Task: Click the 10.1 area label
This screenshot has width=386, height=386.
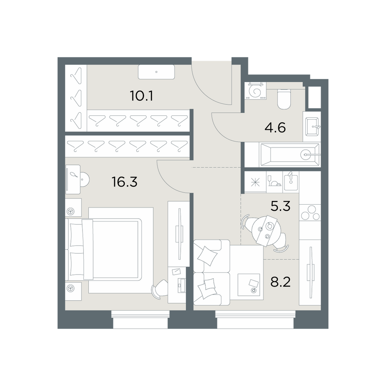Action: [142, 96]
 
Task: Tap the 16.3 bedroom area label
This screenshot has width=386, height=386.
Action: [124, 182]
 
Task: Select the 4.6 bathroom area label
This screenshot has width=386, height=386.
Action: [275, 128]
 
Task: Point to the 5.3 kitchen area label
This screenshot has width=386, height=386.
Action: [281, 206]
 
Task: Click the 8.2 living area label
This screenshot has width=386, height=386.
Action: [281, 282]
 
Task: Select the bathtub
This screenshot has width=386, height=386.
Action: [289, 155]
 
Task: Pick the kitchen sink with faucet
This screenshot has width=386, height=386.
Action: [291, 182]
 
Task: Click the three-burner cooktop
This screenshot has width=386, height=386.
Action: [310, 212]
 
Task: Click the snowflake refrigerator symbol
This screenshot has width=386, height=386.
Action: [255, 182]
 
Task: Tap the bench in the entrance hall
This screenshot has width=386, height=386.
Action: [156, 72]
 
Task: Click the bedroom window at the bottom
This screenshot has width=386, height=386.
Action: [141, 320]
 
